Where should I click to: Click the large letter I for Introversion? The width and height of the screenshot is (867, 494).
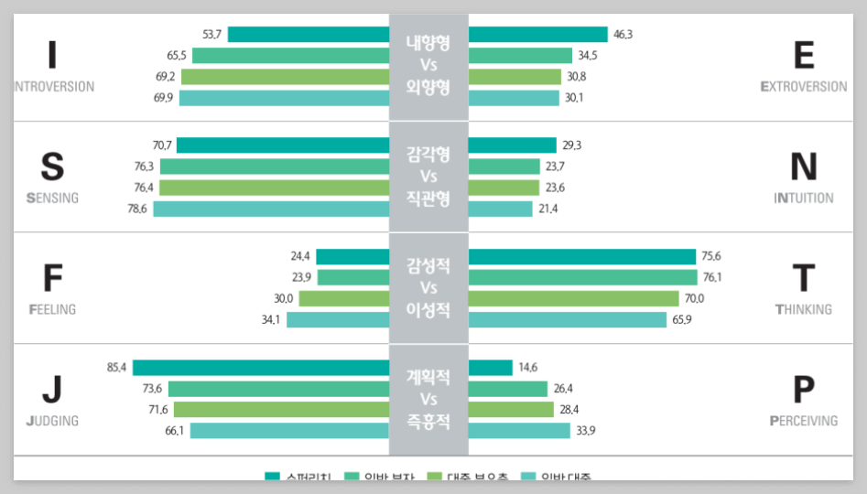pyautogui.click(x=52, y=56)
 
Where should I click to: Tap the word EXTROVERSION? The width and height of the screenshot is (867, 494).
pyautogui.click(x=803, y=87)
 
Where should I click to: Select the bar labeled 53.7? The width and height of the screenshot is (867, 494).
pyautogui.click(x=309, y=35)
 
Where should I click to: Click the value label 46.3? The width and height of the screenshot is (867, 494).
pyautogui.click(x=623, y=35)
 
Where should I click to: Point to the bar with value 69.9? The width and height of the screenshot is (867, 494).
pyautogui.click(x=284, y=98)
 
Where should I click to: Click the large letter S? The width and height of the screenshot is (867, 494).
pyautogui.click(x=52, y=167)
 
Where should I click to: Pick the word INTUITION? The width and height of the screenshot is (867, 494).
pyautogui.click(x=803, y=199)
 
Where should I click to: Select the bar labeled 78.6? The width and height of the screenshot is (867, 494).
pyautogui.click(x=271, y=209)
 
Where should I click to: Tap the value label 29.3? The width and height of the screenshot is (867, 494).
pyautogui.click(x=572, y=145)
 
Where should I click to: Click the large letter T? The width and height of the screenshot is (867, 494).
pyautogui.click(x=803, y=278)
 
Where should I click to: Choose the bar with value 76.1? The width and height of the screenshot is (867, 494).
pyautogui.click(x=582, y=277)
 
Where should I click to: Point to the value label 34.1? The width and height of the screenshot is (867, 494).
pyautogui.click(x=272, y=320)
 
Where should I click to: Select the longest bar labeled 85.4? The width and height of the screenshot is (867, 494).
pyautogui.click(x=261, y=368)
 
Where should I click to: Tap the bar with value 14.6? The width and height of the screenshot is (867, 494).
pyautogui.click(x=490, y=368)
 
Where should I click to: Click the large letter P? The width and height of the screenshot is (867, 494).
pyautogui.click(x=803, y=390)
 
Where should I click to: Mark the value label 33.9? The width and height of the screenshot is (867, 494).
pyautogui.click(x=586, y=431)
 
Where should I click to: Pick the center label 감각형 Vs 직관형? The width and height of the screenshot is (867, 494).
pyautogui.click(x=428, y=177)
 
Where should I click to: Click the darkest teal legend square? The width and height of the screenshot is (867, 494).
pyautogui.click(x=272, y=476)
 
